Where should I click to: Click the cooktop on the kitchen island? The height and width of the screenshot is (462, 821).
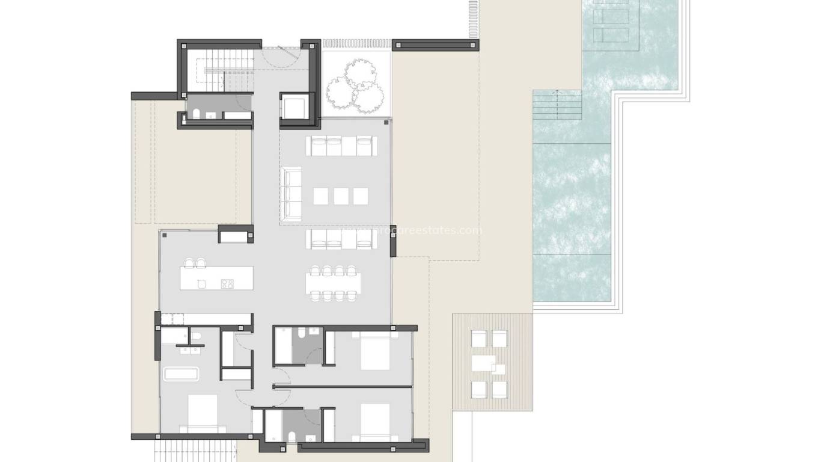[x=227, y=284]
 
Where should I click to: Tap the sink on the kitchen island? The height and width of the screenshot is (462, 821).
[x=201, y=284]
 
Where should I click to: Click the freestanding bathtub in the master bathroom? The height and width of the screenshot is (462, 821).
[x=182, y=374]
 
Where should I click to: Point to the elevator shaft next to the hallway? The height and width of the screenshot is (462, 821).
[x=295, y=107]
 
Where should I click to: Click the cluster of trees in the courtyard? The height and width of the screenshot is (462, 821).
[x=355, y=88]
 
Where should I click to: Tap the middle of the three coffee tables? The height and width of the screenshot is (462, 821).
[x=341, y=196]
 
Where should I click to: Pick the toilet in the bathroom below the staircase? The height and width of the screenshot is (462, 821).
[x=197, y=114]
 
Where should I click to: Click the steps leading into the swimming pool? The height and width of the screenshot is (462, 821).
[x=558, y=105]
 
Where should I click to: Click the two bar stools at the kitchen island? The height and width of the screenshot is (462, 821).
[x=196, y=262]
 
